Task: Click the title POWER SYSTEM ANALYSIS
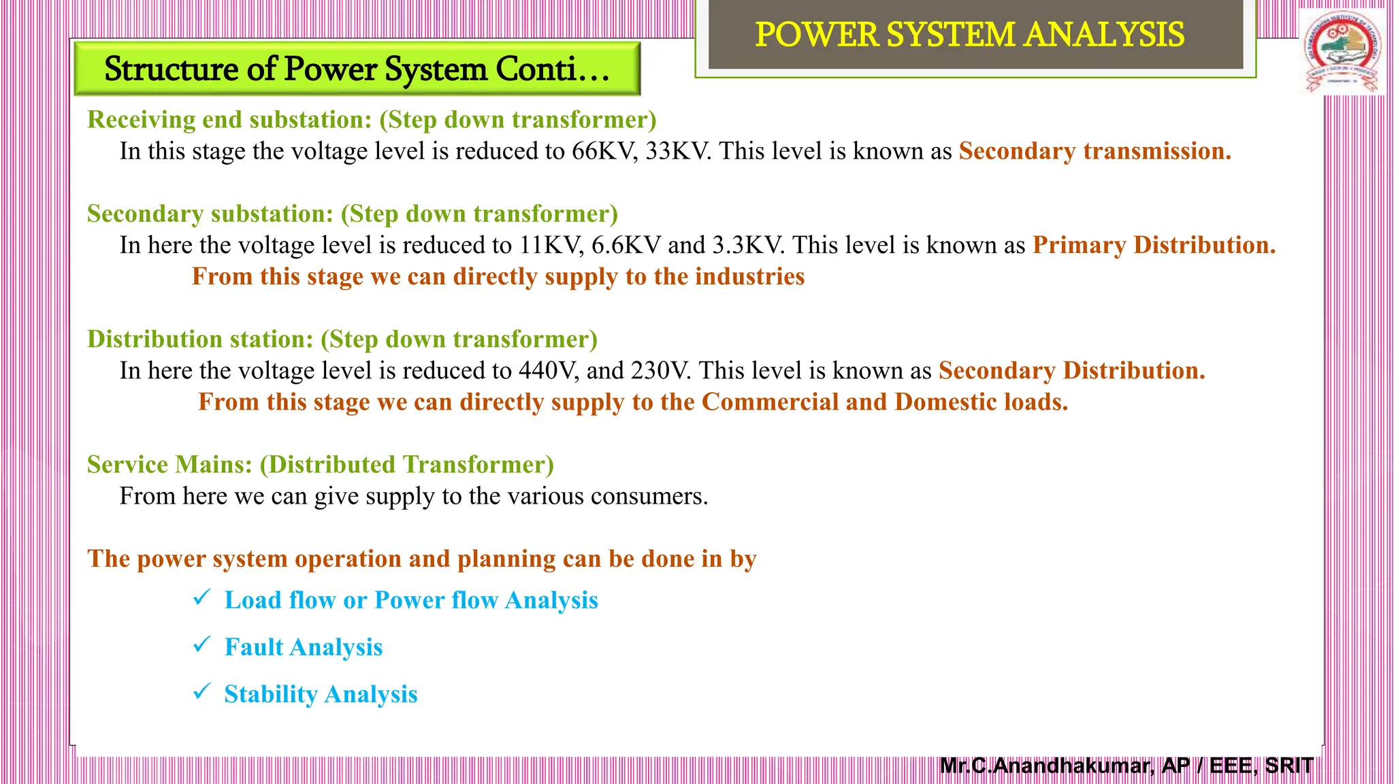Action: (x=969, y=35)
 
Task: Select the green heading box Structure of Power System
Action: (x=357, y=69)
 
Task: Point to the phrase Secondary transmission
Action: (x=1095, y=151)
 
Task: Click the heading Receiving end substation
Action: (x=229, y=120)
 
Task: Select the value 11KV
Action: (x=551, y=245)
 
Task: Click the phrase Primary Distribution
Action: (x=1154, y=245)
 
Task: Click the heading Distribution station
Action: (x=200, y=339)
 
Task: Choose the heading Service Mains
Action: (x=169, y=465)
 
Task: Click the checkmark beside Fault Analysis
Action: (x=202, y=644)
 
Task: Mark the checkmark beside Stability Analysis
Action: (x=202, y=691)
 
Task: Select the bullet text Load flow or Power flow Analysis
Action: (x=411, y=600)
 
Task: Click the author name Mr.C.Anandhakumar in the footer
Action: (x=1046, y=766)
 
